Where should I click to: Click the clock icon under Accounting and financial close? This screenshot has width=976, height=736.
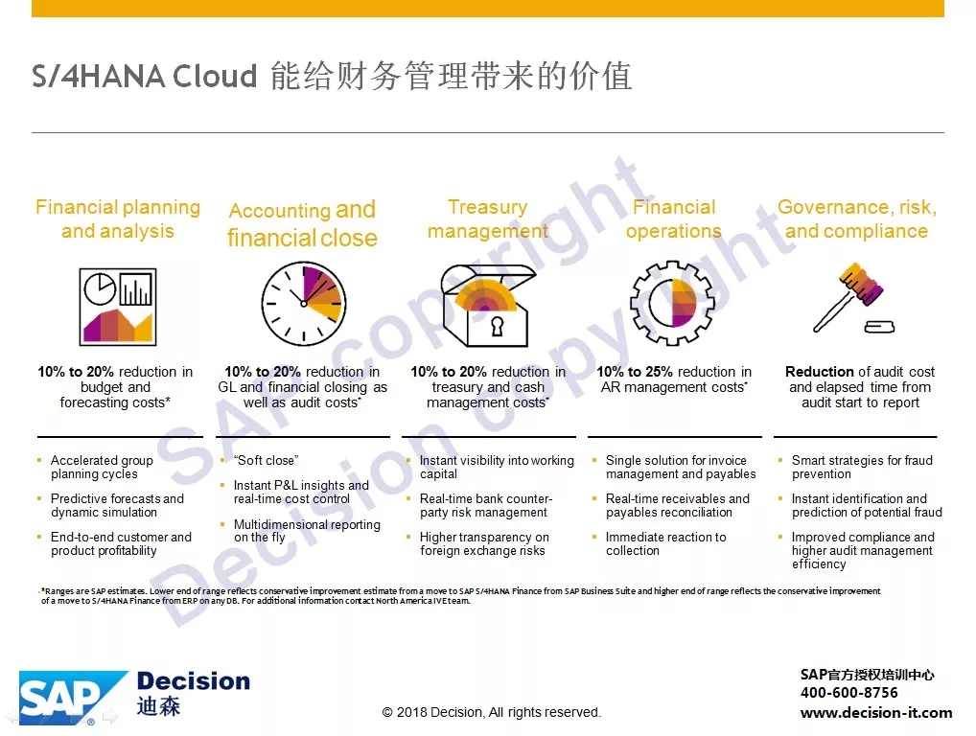tap(304, 304)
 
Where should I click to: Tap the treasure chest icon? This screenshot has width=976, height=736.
tap(487, 306)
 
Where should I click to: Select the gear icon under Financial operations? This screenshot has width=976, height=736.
tap(672, 303)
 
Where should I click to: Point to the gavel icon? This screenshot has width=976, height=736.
tap(852, 298)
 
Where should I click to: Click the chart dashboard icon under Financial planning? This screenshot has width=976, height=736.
tap(118, 306)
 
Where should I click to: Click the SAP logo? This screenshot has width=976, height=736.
tap(74, 698)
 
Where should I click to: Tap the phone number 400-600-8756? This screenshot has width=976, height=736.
tap(849, 693)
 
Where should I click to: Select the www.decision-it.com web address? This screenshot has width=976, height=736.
tap(875, 712)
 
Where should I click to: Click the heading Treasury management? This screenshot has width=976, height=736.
tap(487, 218)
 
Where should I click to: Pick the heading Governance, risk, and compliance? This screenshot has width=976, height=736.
tap(856, 218)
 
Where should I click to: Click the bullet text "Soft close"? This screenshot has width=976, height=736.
tap(266, 460)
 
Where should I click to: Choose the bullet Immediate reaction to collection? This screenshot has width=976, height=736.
tap(665, 543)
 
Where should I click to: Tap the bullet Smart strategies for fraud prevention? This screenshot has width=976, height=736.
tap(862, 468)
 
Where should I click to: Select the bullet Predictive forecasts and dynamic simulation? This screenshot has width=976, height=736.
tap(117, 505)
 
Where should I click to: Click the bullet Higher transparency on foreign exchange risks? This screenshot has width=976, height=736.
tap(484, 543)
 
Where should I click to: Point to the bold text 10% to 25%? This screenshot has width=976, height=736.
tap(635, 372)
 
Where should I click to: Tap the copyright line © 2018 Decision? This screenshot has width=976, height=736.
tap(491, 712)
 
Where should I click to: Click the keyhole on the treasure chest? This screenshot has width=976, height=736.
tap(497, 326)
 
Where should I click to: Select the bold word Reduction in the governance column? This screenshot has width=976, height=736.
tap(819, 372)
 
